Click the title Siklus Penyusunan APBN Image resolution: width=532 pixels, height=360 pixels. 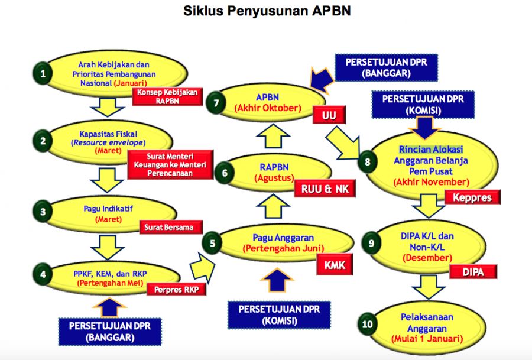coord(267,11)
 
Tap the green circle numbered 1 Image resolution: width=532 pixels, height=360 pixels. coord(42,74)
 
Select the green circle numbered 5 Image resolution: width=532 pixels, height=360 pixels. coord(212,242)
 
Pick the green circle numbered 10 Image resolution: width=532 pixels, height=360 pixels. coord(368,324)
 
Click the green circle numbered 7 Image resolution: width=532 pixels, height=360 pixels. coord(217,103)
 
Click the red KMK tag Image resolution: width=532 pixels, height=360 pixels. coord(334,265)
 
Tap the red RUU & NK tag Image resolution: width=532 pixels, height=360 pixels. coord(317,189)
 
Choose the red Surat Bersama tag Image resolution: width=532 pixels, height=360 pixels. coord(170,226)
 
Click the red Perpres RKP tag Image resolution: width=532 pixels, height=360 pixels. coord(176,290)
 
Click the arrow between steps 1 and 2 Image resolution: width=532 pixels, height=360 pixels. coord(107,106)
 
